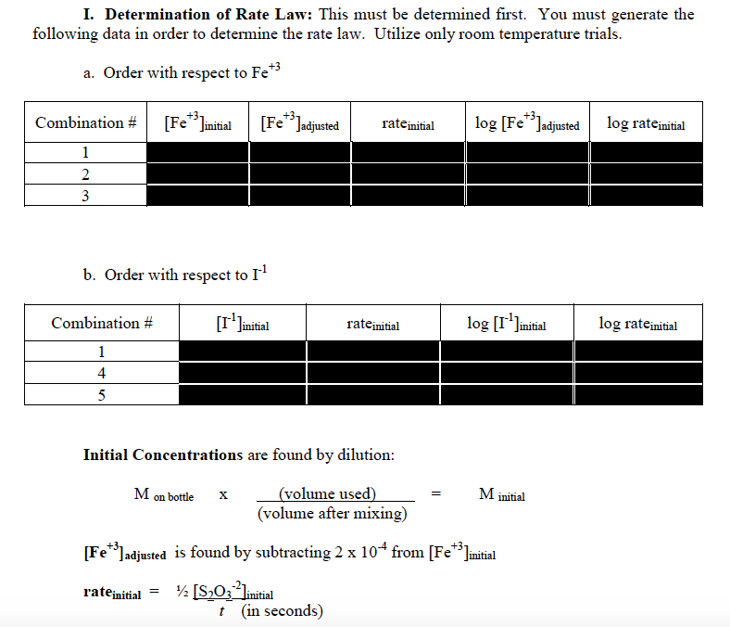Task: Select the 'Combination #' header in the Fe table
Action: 86,122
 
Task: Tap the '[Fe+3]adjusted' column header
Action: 299,122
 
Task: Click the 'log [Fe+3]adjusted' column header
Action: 527,122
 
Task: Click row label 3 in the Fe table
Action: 85,195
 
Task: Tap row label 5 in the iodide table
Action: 101,394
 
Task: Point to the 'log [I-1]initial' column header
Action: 506,324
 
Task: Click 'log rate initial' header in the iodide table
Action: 637,324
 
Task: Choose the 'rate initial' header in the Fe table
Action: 408,122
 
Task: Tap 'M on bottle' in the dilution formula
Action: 164,494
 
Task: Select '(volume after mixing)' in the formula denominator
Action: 332,513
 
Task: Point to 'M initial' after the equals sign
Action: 501,494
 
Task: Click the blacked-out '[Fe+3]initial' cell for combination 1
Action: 197,152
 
